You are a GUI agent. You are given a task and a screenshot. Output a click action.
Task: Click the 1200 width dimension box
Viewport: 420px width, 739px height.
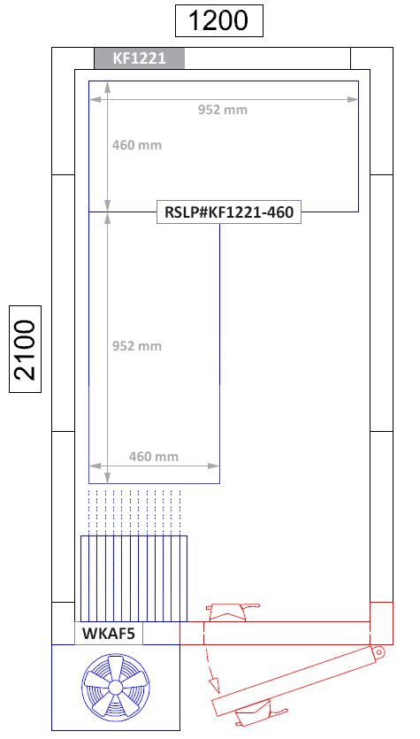(219, 20)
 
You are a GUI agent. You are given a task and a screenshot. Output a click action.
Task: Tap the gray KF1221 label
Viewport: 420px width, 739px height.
(139, 58)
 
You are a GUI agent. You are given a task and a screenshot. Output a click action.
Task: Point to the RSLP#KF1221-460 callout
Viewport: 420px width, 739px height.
(229, 212)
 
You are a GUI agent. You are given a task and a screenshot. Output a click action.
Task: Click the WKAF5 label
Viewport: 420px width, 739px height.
(108, 634)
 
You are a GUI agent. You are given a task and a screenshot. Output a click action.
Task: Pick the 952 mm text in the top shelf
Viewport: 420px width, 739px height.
(222, 110)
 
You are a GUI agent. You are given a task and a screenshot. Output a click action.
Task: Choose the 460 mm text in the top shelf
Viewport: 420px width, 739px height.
(136, 144)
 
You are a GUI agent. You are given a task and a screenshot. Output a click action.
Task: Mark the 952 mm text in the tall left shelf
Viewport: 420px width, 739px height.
(136, 346)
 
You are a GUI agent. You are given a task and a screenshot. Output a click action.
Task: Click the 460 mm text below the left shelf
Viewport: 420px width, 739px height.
(154, 457)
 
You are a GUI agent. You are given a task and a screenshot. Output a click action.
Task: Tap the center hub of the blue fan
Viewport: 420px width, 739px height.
(115, 689)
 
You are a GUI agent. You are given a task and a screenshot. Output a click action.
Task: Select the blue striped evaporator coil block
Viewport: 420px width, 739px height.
(134, 578)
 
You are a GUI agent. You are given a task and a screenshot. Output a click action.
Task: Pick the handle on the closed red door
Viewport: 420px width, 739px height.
(229, 612)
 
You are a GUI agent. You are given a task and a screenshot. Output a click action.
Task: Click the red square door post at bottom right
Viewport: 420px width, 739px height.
(380, 622)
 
